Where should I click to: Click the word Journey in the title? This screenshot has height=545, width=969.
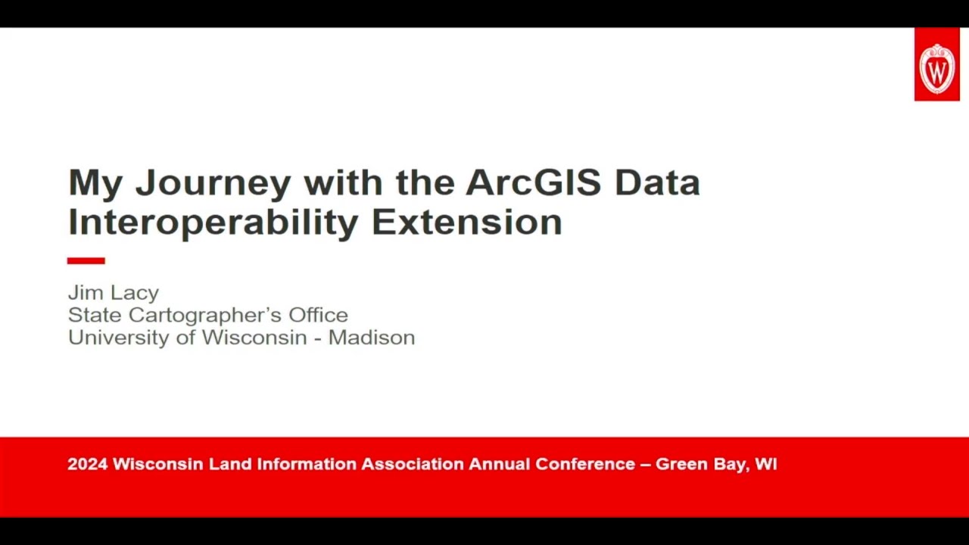pyautogui.click(x=213, y=183)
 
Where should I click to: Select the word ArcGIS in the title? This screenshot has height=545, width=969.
pyautogui.click(x=534, y=182)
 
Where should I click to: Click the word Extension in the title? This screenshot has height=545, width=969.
pyautogui.click(x=466, y=223)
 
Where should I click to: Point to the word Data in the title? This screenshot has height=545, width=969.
pyautogui.click(x=657, y=182)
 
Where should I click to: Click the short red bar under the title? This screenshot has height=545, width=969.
pyautogui.click(x=86, y=260)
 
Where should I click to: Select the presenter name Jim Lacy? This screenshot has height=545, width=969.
pyautogui.click(x=114, y=292)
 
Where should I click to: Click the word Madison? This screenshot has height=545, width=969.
pyautogui.click(x=371, y=338)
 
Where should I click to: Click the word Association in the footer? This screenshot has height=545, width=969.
pyautogui.click(x=412, y=464)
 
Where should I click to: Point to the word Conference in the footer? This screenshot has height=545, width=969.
pyautogui.click(x=585, y=464)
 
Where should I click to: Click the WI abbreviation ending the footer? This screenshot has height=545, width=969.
pyautogui.click(x=765, y=464)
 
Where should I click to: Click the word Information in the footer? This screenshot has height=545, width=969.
pyautogui.click(x=307, y=464)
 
